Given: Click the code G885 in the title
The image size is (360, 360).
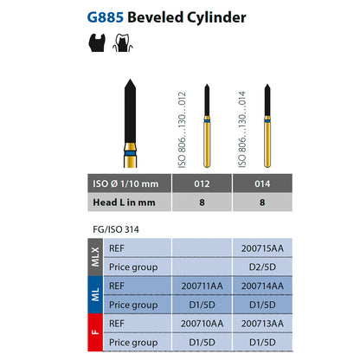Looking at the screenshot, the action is pos(106,17).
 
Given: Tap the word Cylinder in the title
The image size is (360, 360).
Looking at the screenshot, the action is pos(216,18).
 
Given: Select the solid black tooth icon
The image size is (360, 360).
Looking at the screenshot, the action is pos(97,42).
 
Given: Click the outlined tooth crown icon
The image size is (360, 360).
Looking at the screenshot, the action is pos(123,42).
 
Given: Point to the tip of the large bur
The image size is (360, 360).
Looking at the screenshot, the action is pos(130,80).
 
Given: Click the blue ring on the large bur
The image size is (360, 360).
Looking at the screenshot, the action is pos(130,152).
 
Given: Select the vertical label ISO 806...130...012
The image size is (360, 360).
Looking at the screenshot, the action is pos(182,130).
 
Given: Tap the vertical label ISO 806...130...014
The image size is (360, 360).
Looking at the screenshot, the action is pos(242,129).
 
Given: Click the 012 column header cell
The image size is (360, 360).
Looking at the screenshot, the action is pos(202,183).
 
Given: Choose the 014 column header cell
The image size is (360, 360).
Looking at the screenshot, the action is pos(262,183).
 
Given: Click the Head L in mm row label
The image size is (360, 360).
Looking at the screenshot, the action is pos(124,202).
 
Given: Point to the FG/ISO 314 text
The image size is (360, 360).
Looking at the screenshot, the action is pos(116,229).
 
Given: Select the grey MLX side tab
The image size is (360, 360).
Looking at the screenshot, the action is pos(95,257).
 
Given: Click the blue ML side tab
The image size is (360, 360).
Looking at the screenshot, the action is pos(95,295).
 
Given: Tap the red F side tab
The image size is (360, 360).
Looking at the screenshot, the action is pos(95,332).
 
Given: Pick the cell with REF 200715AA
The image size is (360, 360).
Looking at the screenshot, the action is pos(262,248).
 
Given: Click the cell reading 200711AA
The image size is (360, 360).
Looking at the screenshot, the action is pos(202,286).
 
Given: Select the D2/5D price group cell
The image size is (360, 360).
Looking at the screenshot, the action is pos(262,267).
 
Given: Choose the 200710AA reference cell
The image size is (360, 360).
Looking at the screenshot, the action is pos(202,324).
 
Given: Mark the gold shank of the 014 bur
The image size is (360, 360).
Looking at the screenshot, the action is pos(267,145).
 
